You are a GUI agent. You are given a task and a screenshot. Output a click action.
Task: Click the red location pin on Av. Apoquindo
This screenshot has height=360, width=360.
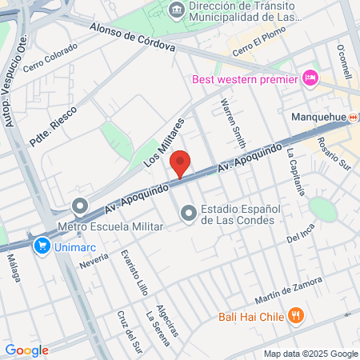[181, 163]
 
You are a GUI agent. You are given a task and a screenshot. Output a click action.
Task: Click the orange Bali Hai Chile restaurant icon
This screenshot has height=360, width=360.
[296, 315]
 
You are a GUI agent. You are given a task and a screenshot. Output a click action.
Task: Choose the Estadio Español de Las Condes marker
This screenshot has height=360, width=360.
[189, 213]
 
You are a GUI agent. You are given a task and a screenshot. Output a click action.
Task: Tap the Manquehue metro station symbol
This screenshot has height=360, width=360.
[355, 117]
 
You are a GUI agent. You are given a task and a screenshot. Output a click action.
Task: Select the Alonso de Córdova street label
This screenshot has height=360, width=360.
[133, 37]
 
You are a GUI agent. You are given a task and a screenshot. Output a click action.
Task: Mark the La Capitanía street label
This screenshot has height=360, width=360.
[295, 173]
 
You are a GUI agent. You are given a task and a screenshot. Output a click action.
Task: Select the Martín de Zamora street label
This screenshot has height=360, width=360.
[288, 290]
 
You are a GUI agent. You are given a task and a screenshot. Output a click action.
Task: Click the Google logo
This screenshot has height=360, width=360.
[26, 350]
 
